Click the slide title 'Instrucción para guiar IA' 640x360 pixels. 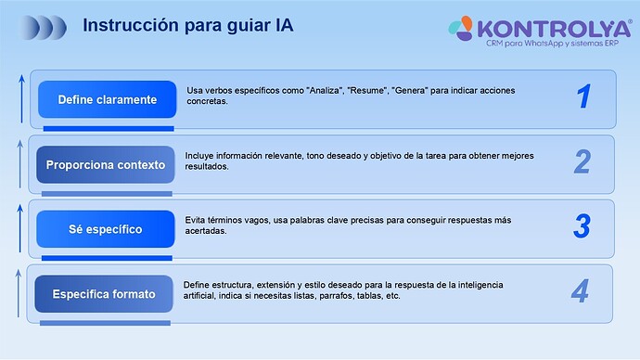[x=187, y=25]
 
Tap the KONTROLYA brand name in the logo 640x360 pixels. [x=553, y=26]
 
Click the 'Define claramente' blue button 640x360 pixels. [x=107, y=99]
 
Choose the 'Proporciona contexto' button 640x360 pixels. [x=106, y=164]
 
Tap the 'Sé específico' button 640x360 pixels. [x=106, y=229]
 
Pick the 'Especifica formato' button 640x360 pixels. [x=104, y=294]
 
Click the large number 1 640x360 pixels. [x=583, y=96]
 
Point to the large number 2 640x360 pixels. [x=582, y=162]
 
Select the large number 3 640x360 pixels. [x=582, y=226]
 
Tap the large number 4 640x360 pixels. [x=580, y=292]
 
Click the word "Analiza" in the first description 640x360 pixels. [x=323, y=90]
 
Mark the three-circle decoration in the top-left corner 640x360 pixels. [x=45, y=26]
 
